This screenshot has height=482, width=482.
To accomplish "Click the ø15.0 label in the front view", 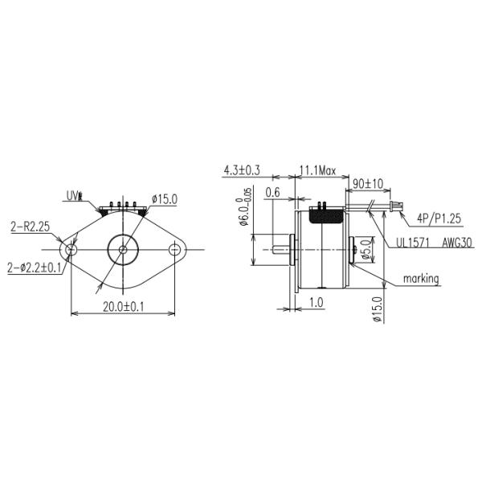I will [163, 199].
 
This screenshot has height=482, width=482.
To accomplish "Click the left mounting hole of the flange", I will [71, 250].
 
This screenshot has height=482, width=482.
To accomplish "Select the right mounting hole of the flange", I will [174, 250].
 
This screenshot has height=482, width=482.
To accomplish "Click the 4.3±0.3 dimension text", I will [242, 170].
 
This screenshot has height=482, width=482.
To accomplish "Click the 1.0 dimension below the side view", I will [316, 302].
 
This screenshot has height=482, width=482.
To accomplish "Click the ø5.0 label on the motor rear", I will [365, 252].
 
